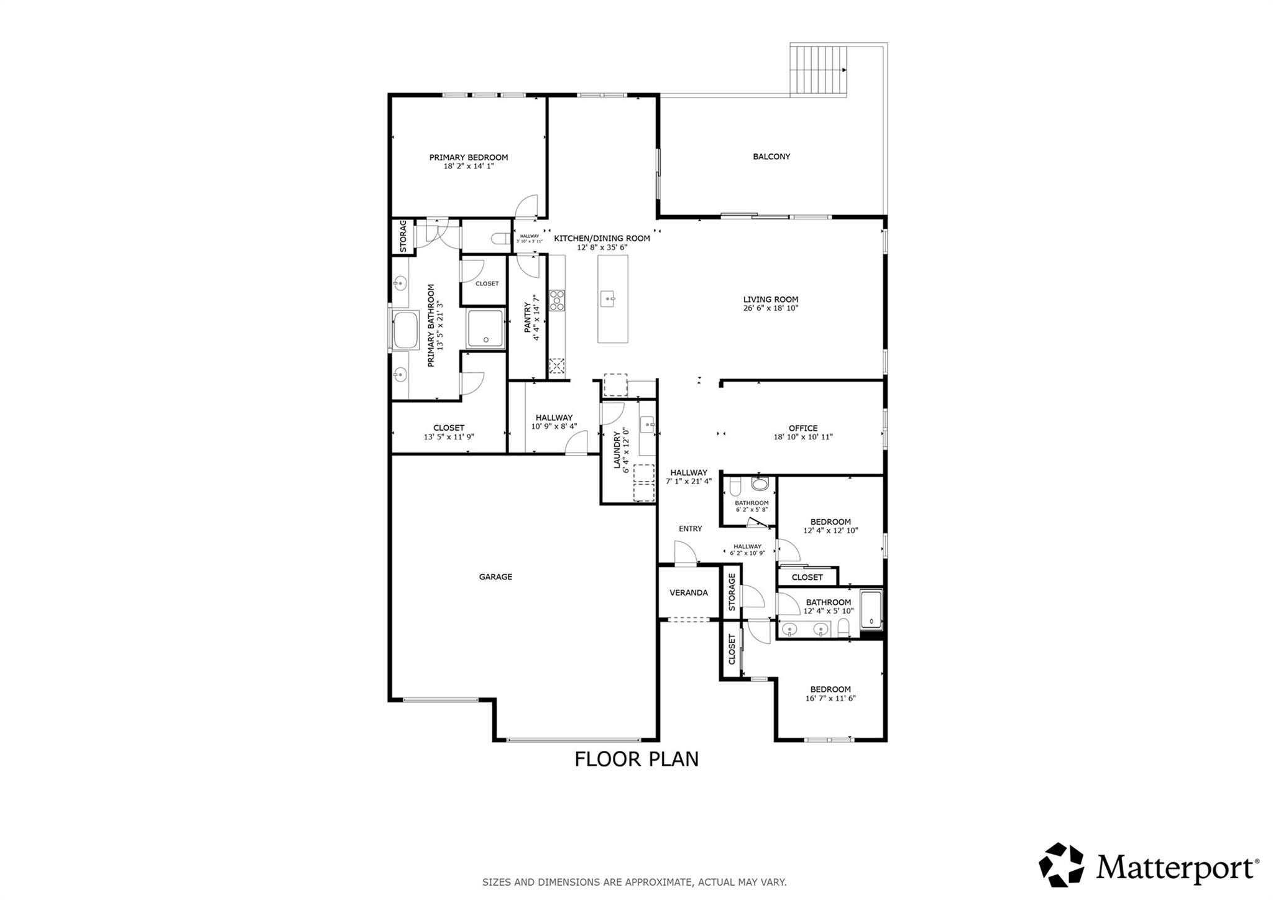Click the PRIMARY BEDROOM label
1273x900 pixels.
(468, 157)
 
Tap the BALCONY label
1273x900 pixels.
(771, 157)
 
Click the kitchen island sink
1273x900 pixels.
(607, 299)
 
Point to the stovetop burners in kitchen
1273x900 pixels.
(556, 300)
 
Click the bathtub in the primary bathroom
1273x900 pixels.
(407, 329)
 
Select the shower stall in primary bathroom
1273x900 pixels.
(486, 328)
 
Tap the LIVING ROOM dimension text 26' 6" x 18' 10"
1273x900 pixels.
(770, 308)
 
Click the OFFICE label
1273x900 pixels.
(802, 428)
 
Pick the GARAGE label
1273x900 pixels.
(495, 577)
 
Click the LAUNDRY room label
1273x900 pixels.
(618, 449)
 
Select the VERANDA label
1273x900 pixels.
(688, 592)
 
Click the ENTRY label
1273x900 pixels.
(690, 529)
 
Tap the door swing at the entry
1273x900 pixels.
(684, 553)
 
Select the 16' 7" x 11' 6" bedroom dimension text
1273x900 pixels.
(830, 698)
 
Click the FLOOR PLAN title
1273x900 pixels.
(636, 759)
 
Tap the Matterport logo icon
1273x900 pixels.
(1061, 865)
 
